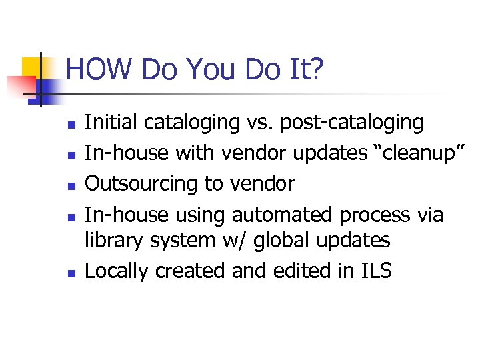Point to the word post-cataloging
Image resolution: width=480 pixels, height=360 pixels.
click(351, 123)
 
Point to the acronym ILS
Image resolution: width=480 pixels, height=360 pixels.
click(375, 271)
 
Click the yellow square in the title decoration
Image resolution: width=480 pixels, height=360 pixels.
click(31, 67)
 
